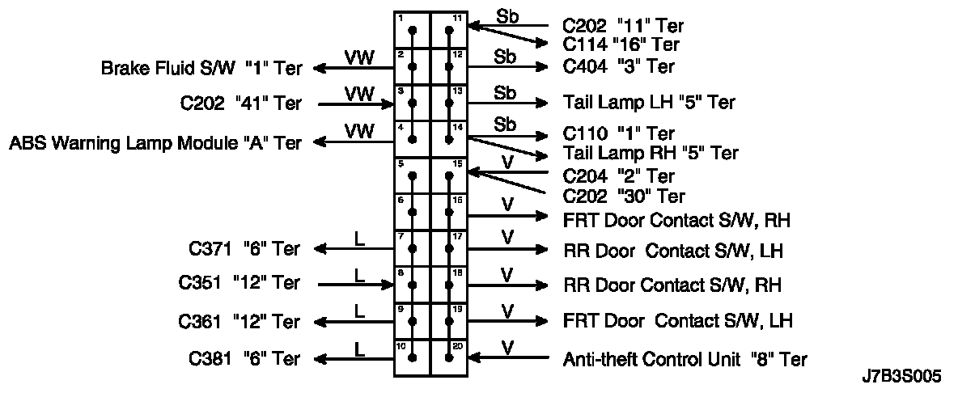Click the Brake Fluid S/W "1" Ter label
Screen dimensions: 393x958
pyautogui.click(x=201, y=69)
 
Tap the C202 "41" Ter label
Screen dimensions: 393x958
pyautogui.click(x=241, y=104)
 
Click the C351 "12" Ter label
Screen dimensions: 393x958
pyautogui.click(x=239, y=284)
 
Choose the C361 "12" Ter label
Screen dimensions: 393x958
pyautogui.click(x=239, y=322)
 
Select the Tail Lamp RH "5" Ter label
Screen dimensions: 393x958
pyautogui.click(x=650, y=152)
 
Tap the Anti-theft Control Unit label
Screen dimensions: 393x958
pyautogui.click(x=685, y=359)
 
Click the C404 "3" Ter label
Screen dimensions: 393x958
pyautogui.click(x=618, y=66)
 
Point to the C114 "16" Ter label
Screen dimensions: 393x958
pyautogui.click(x=621, y=44)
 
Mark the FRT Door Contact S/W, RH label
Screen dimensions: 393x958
pyautogui.click(x=676, y=219)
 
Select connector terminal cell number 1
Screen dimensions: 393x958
pyautogui.click(x=413, y=30)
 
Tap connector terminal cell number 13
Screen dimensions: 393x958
pyautogui.click(x=449, y=103)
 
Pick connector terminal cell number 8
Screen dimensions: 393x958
pyautogui.click(x=413, y=284)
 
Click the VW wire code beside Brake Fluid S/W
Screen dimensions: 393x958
pyautogui.click(x=359, y=57)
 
